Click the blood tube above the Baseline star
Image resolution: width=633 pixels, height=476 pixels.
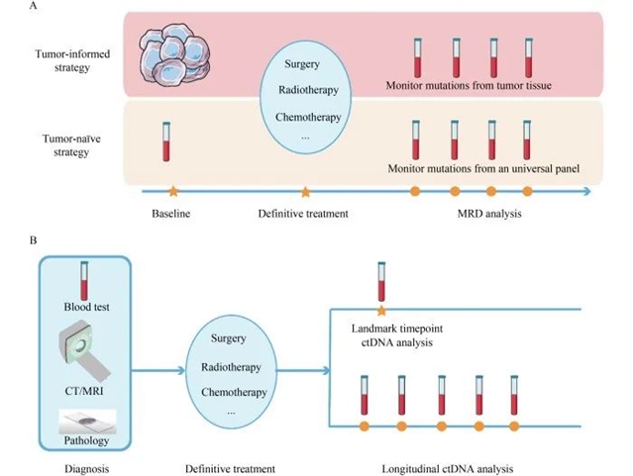(168, 141)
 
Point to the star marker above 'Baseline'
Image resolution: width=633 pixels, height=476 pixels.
(173, 189)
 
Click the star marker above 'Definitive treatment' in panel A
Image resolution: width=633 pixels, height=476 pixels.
(305, 190)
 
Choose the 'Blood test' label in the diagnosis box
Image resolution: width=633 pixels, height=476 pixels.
(87, 307)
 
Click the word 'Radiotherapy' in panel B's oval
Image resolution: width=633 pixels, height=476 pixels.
(230, 367)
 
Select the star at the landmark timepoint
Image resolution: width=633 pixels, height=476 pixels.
(381, 310)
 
